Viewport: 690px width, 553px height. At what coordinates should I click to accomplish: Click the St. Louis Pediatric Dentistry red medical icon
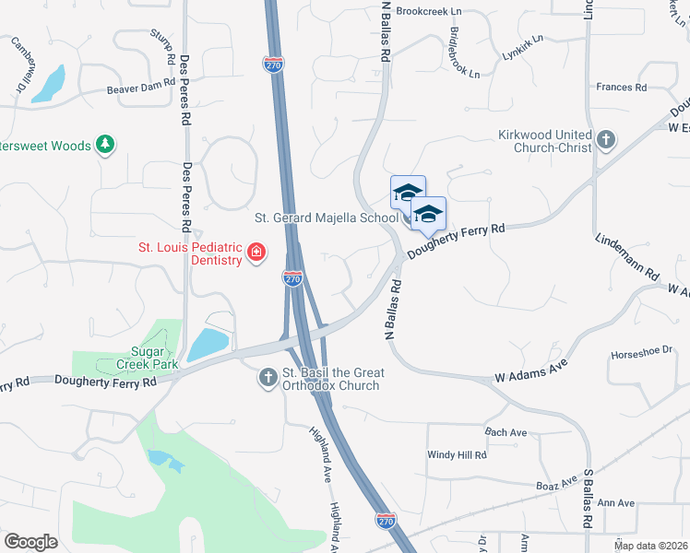[256, 253]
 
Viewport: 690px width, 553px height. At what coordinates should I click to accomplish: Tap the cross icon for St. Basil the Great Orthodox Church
[268, 376]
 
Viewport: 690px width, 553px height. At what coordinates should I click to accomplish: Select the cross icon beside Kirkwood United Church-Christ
[605, 140]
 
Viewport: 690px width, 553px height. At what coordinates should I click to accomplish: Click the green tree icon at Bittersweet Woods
[106, 145]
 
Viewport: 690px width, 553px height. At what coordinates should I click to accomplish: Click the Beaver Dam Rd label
[140, 86]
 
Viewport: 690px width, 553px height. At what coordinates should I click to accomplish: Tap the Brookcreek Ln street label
[429, 12]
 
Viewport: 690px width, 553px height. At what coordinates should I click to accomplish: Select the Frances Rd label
[621, 88]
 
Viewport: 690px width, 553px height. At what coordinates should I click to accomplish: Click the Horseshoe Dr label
[643, 354]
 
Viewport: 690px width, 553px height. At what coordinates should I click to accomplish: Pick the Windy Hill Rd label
[457, 455]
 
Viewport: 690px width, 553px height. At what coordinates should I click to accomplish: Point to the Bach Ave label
[506, 432]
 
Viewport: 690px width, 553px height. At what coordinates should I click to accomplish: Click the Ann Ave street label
[616, 503]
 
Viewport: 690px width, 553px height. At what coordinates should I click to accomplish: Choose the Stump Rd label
[162, 44]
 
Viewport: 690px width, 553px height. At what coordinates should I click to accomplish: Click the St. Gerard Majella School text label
[326, 218]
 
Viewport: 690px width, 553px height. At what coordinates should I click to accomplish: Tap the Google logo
[31, 542]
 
